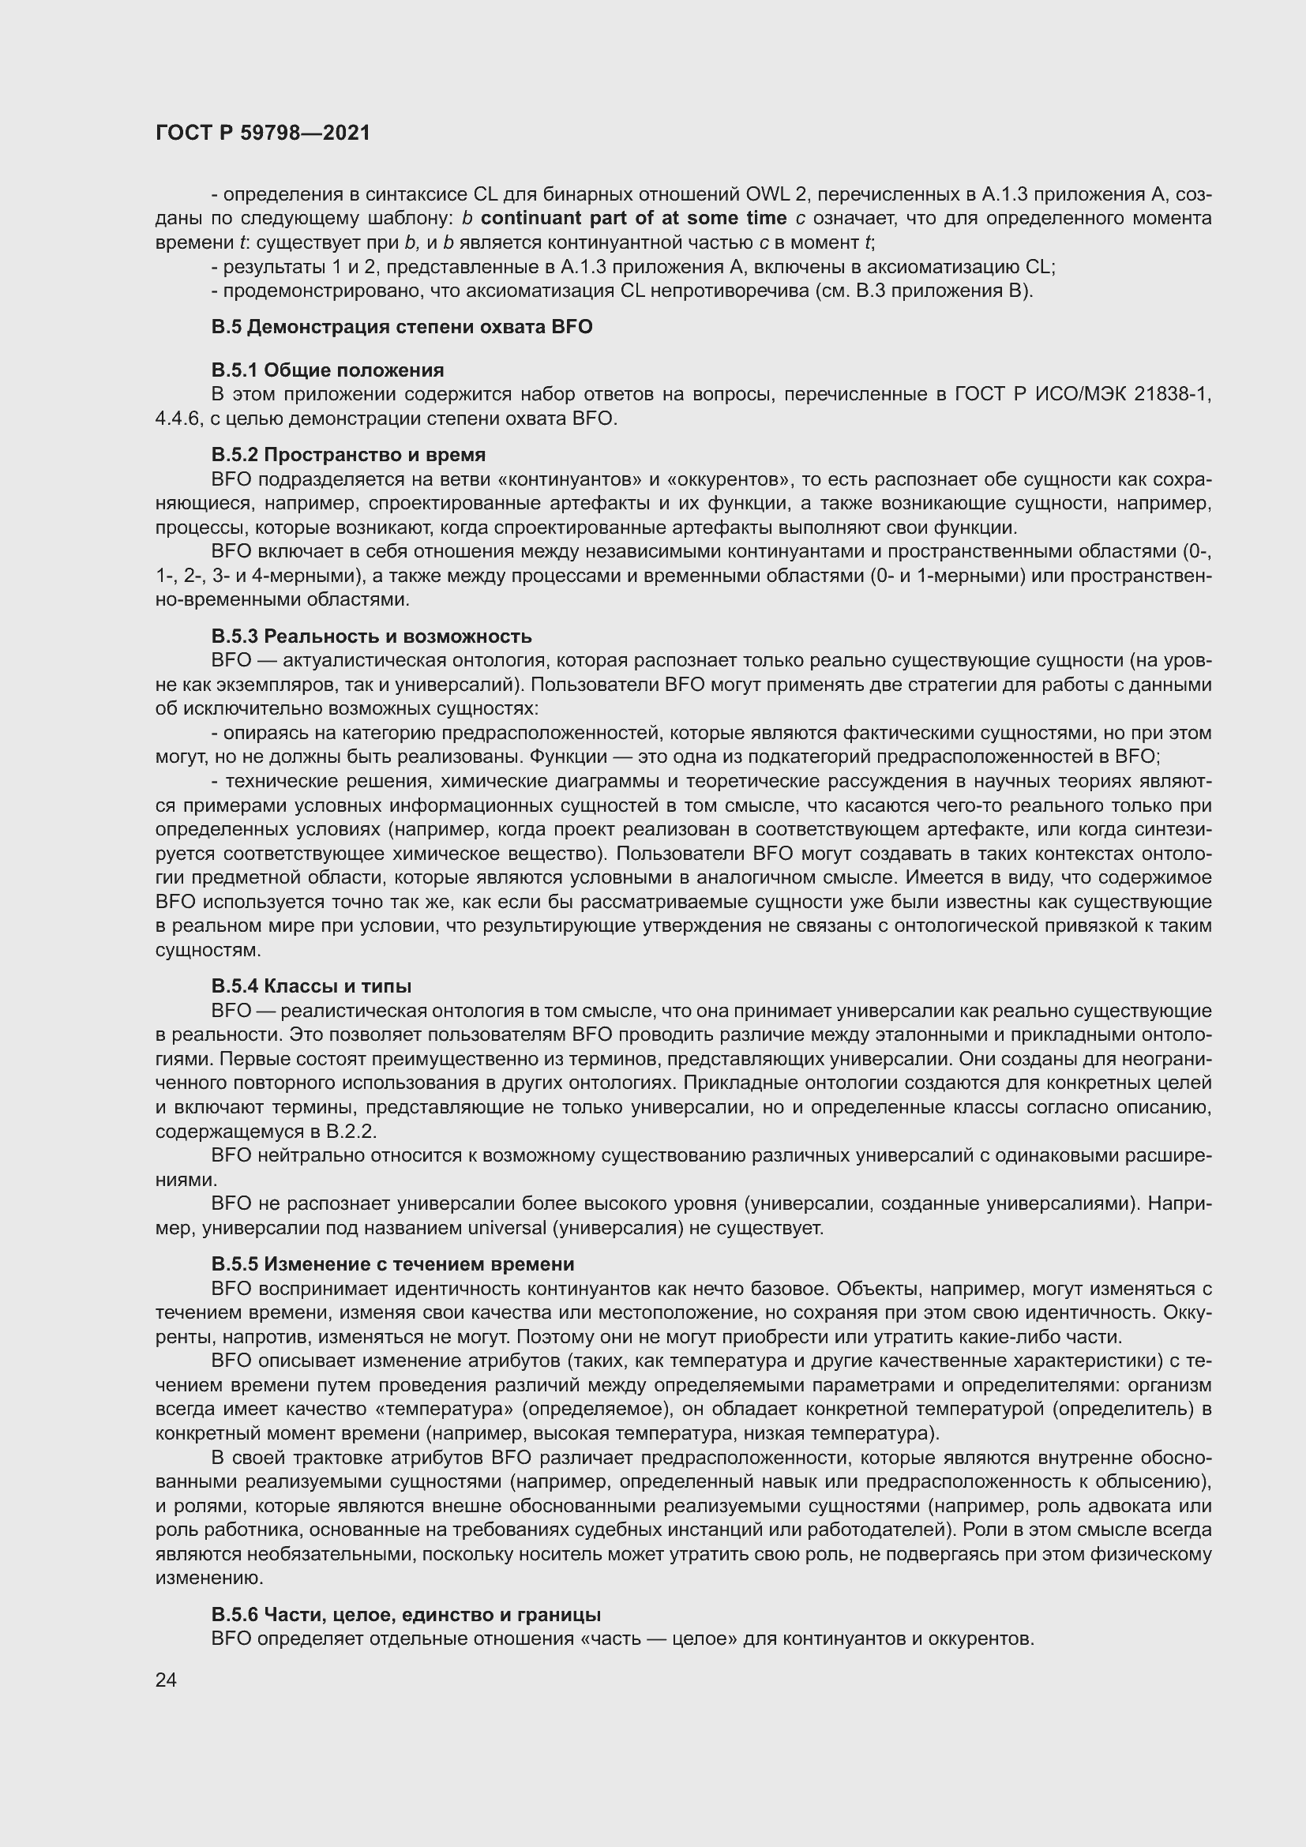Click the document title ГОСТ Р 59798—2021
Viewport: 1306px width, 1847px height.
263,133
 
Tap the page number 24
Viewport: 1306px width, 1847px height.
166,1680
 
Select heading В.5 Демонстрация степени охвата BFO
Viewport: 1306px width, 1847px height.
401,327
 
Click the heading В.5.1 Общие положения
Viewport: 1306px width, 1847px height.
328,370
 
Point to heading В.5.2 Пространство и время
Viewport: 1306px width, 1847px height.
348,455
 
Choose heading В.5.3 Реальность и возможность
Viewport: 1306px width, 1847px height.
371,636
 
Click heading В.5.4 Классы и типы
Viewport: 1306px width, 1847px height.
311,985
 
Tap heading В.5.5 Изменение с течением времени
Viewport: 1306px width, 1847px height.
392,1263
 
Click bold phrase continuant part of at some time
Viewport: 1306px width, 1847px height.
634,218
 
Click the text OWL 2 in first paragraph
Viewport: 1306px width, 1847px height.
777,194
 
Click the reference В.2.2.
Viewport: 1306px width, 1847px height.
351,1132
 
